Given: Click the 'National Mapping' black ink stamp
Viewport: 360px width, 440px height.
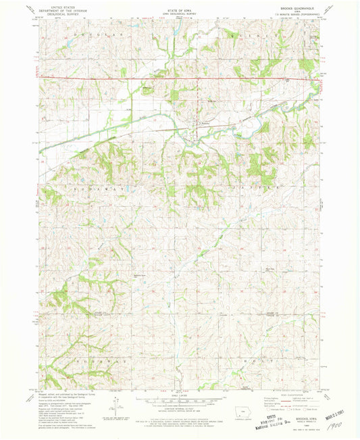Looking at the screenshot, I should point(295,426).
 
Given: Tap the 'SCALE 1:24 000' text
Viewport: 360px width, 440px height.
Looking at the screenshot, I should point(178,394).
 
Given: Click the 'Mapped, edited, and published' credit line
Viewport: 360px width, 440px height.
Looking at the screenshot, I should point(57,394).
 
